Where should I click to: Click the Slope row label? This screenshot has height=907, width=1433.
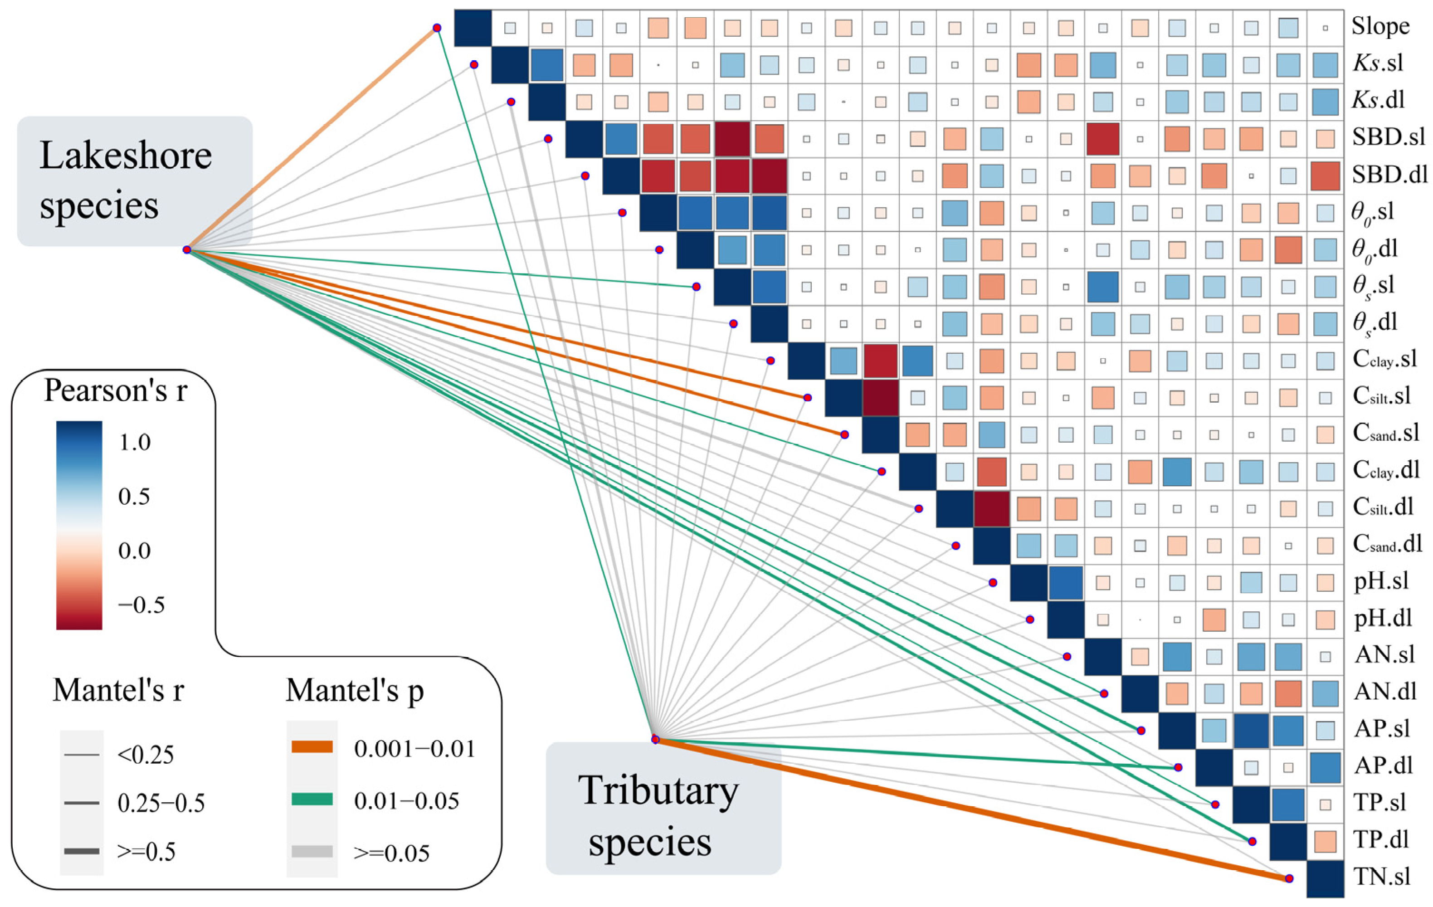pos(1380,26)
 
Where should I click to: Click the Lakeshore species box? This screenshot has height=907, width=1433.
pos(135,181)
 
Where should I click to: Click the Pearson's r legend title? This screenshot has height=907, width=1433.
pos(116,391)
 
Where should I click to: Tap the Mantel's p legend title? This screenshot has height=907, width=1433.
pos(355,690)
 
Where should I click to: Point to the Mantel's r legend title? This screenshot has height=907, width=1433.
pos(118,690)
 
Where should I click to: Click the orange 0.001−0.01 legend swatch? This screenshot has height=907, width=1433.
pos(312,747)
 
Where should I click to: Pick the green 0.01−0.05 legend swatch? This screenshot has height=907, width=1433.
pos(312,799)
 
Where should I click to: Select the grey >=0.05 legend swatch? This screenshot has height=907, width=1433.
pos(312,852)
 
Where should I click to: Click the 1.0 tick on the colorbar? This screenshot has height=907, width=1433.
pos(135,442)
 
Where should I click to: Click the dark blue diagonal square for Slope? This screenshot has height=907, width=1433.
pos(473,27)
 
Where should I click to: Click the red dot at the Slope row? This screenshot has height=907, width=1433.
pos(437,28)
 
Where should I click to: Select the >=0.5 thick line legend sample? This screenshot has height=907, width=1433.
pos(82,852)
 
